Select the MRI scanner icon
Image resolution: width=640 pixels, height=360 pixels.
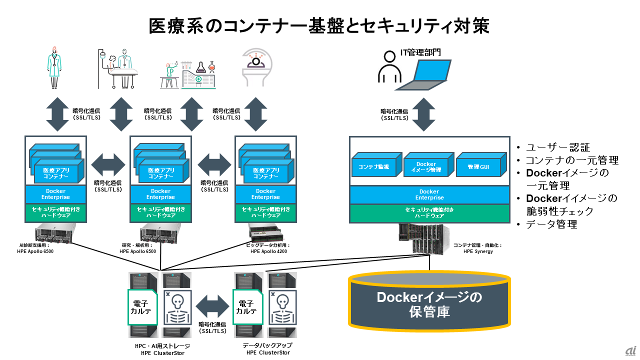[258, 68]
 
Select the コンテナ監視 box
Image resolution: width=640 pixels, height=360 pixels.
[374, 166]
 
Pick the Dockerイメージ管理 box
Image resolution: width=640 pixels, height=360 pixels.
[426, 166]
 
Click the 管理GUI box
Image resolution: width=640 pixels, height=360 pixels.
[478, 166]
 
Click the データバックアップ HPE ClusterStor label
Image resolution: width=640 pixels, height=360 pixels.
[267, 349]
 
